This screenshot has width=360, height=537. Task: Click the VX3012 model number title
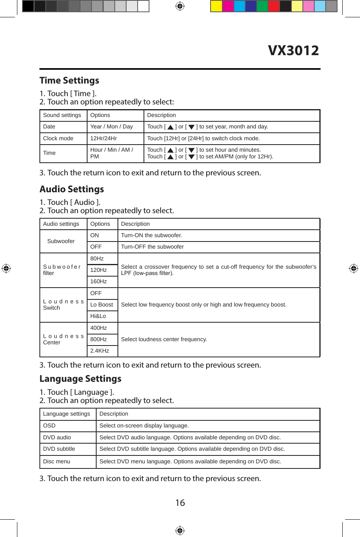click(x=293, y=50)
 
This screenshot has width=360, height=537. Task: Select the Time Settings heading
click(x=69, y=80)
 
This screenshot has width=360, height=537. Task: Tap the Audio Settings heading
click(x=72, y=189)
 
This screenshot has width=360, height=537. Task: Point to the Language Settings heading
click(x=80, y=379)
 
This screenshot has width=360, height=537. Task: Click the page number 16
click(x=180, y=503)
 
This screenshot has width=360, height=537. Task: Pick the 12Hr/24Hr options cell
click(x=104, y=138)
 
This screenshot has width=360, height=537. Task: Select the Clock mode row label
click(x=58, y=138)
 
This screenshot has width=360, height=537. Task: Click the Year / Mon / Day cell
click(x=112, y=126)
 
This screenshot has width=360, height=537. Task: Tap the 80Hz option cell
click(x=97, y=258)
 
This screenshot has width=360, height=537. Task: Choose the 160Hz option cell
click(x=99, y=281)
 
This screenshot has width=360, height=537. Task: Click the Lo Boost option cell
click(x=102, y=305)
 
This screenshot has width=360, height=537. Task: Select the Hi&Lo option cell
click(x=98, y=316)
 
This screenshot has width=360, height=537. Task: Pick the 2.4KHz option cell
click(x=100, y=351)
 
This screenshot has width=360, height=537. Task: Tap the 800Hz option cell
click(x=99, y=339)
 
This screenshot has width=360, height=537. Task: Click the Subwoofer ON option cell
click(x=95, y=235)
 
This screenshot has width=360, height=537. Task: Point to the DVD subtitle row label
click(x=59, y=449)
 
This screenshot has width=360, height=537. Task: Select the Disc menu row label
click(x=57, y=461)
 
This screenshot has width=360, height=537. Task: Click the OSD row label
click(x=49, y=426)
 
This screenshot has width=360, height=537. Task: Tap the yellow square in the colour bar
click(x=216, y=6)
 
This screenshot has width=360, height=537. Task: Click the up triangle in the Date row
click(x=170, y=127)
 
